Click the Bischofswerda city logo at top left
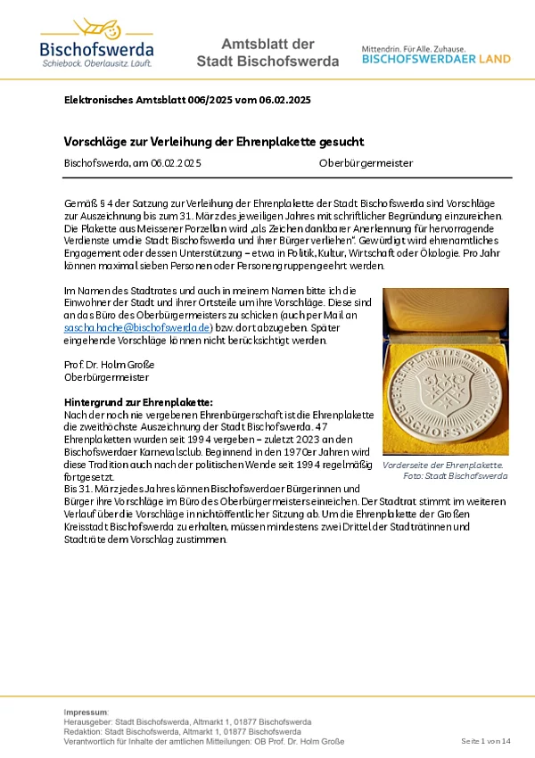click(96, 42)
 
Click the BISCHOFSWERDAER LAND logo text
click(436, 59)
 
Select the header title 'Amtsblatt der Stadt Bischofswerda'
click(267, 53)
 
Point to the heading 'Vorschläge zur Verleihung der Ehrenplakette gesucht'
click(214, 142)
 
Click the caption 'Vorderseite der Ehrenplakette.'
click(442, 466)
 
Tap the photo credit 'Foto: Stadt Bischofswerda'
click(455, 476)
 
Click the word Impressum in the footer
click(86, 712)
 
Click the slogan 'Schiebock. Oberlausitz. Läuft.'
click(96, 64)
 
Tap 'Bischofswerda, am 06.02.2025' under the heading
click(132, 163)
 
